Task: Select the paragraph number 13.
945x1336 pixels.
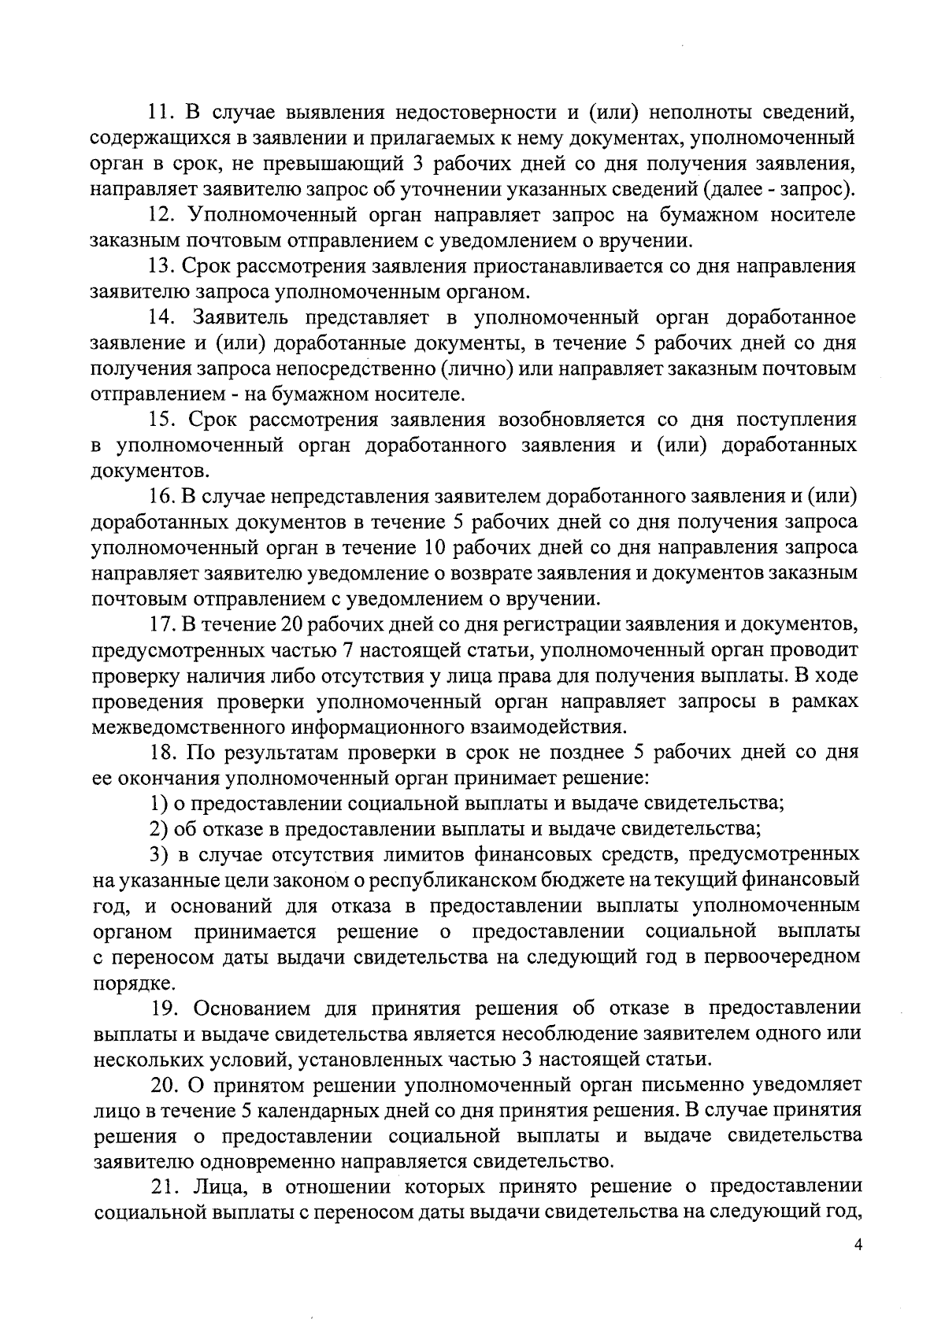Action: tap(165, 266)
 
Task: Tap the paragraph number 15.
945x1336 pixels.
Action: tap(165, 420)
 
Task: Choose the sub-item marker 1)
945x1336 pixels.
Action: tap(158, 803)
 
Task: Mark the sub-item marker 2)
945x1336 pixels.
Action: tap(158, 828)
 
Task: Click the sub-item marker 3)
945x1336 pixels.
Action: tap(158, 854)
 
